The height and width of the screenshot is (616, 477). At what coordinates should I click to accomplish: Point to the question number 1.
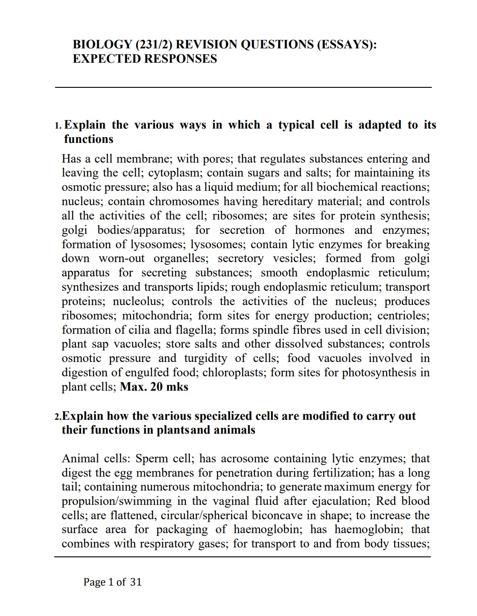58,125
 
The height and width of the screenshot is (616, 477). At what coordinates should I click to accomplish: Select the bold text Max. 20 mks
154,387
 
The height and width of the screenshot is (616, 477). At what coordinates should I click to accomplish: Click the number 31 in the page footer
136,582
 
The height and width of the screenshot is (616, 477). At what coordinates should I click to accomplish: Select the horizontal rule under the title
243,87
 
